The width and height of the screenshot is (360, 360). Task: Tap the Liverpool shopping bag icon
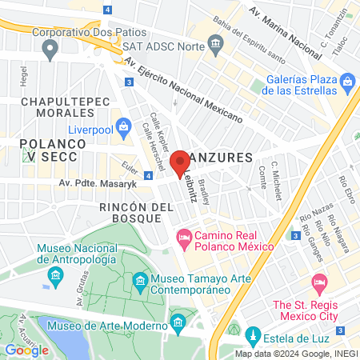pos(124,126)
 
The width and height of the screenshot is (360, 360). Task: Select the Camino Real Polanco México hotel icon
pos(184,238)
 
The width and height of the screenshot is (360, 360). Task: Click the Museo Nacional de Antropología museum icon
pos(55,277)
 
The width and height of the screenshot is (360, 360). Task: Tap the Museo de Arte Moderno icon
pos(178,325)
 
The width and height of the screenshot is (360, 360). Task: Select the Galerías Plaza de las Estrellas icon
pos(347,81)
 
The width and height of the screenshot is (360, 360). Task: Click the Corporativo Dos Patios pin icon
pos(51,50)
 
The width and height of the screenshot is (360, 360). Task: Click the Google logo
pos(26,350)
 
